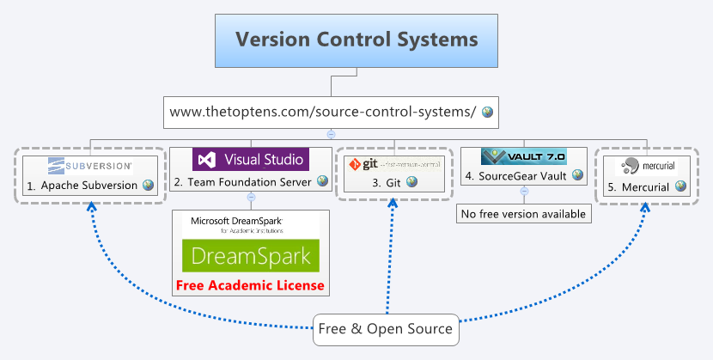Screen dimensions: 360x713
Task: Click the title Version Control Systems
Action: [356, 40]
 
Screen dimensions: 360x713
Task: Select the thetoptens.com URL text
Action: [323, 112]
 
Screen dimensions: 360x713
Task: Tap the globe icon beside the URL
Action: [487, 112]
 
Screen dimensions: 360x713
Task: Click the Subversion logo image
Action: [90, 165]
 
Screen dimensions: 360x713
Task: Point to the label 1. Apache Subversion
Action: [82, 185]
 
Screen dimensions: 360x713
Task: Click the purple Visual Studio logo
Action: [250, 160]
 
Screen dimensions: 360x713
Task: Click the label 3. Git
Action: [387, 182]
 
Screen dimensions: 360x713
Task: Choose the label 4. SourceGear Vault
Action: [517, 176]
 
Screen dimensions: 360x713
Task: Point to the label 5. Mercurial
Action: [640, 186]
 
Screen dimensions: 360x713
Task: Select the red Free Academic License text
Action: [250, 285]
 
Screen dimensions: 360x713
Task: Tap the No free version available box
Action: [524, 213]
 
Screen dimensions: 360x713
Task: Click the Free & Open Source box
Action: [385, 329]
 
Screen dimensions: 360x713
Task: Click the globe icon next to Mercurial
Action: [680, 186]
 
